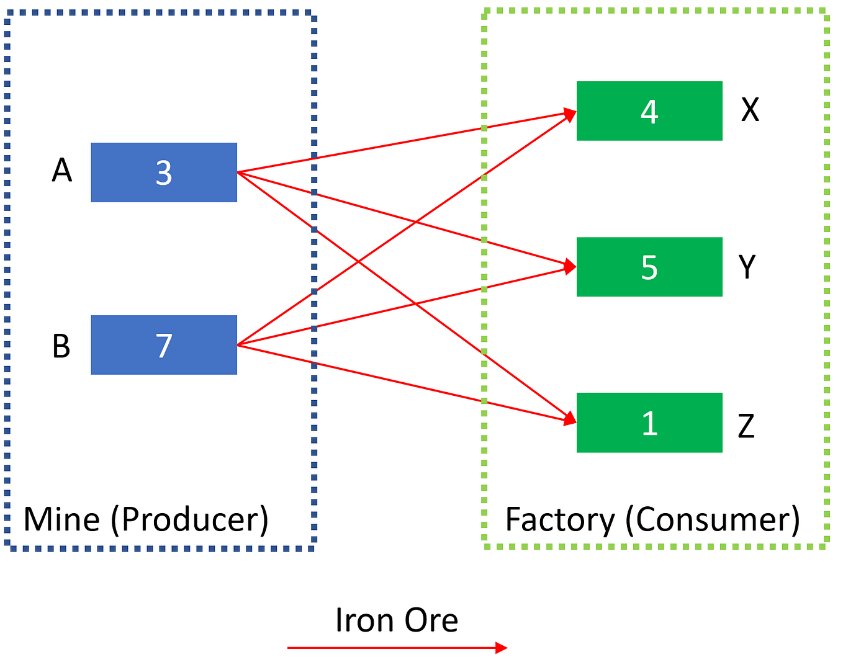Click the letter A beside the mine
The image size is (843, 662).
61,171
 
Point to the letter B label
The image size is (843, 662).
61,346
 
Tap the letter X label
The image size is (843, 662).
750,110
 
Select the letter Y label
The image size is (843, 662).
747,267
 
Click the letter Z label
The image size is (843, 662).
746,426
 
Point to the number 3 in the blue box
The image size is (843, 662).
164,173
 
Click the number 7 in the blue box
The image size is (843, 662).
164,346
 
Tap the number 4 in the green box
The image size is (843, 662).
649,112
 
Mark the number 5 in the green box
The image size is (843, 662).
649,267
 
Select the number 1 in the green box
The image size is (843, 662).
649,423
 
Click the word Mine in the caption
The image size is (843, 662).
61,519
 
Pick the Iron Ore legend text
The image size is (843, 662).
397,620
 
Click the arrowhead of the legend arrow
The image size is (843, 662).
502,648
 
